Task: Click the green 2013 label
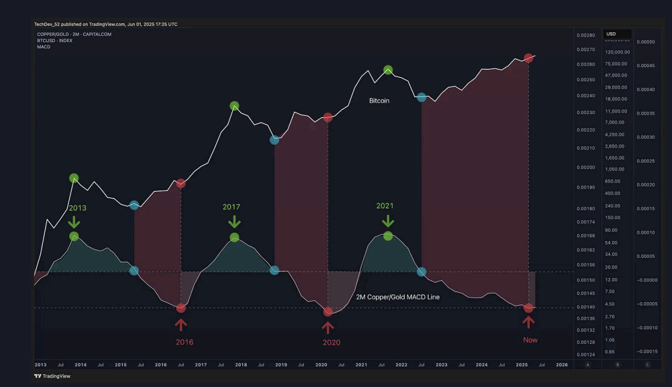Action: coord(77,208)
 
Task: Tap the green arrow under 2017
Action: coord(235,222)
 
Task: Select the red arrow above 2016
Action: coord(181,324)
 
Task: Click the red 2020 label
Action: coord(331,342)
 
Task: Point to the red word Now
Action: coord(530,340)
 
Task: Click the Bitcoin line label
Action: coord(379,101)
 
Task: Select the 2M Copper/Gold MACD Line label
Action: coord(398,297)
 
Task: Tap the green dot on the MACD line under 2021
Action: coord(388,236)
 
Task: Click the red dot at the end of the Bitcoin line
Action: coord(529,58)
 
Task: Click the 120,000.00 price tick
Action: coord(617,52)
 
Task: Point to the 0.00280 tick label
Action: coord(586,35)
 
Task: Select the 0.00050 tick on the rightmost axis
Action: coord(645,42)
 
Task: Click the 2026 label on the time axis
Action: coord(562,365)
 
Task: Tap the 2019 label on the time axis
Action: coord(281,365)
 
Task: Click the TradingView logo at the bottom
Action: coord(52,376)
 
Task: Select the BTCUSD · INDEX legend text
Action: coord(54,40)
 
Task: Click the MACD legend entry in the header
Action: coord(44,47)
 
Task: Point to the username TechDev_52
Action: coord(47,24)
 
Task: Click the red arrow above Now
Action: coord(528,322)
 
